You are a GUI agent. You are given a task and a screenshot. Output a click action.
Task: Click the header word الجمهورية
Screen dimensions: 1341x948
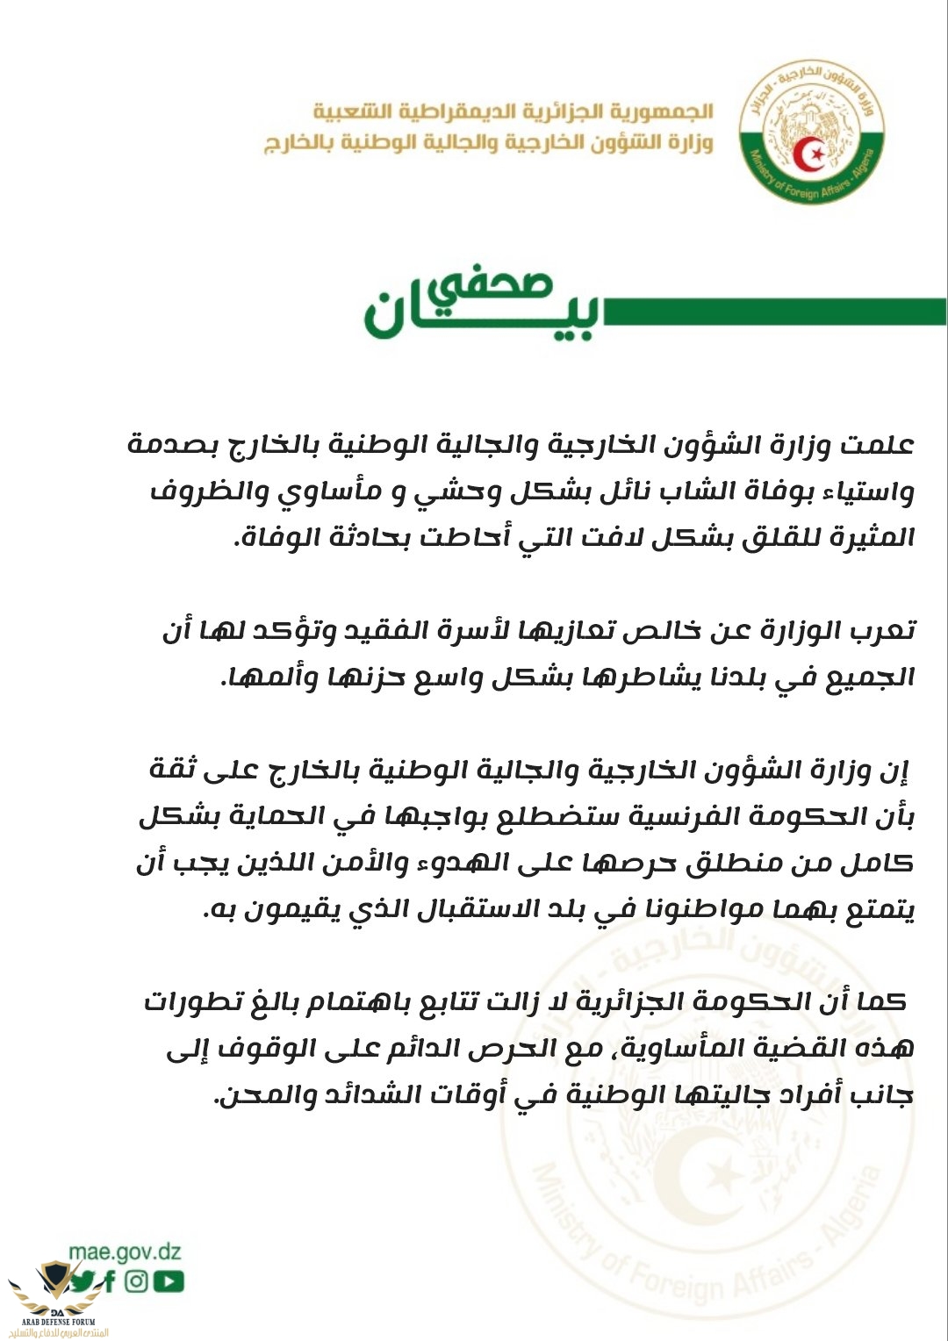(668, 112)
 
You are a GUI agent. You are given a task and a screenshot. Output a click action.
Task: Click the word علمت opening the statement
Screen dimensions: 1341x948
(878, 445)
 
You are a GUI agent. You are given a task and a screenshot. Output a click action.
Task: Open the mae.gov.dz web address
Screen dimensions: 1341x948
(125, 1251)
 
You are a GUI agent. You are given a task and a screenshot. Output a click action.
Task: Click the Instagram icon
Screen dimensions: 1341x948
(137, 1281)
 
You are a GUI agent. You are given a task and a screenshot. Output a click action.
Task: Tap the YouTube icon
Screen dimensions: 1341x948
(169, 1281)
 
